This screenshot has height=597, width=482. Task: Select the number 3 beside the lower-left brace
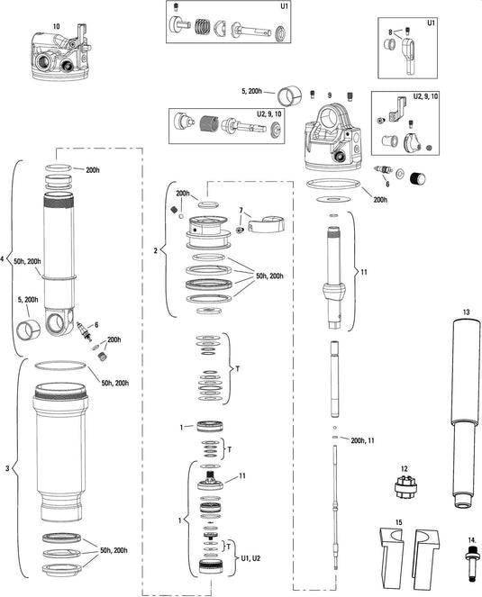pos(8,468)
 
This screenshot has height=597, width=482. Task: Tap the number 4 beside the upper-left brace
pos(5,260)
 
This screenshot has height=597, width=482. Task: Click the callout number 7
pos(241,211)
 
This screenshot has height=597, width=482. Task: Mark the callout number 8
pos(389,32)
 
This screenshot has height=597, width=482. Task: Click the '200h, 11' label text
pos(364,440)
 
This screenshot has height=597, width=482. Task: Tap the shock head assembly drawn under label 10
pos(61,57)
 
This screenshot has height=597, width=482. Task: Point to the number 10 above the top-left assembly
pos(57,27)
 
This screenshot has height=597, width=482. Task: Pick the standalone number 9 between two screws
pos(331,95)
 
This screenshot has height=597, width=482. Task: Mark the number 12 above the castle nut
pos(405,468)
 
